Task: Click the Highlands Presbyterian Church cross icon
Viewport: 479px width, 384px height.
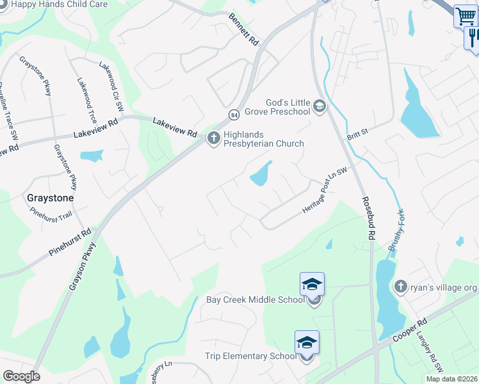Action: click(x=214, y=137)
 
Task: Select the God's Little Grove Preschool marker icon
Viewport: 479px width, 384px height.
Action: click(x=320, y=106)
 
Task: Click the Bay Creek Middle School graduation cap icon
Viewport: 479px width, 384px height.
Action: click(x=312, y=283)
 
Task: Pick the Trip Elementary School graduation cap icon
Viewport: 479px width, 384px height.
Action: click(x=307, y=342)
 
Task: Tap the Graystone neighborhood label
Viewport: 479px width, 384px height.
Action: click(x=50, y=198)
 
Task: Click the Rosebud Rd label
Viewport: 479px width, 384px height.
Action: click(x=368, y=218)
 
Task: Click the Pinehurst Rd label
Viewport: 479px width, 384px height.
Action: click(x=71, y=244)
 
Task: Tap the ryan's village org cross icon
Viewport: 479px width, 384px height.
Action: click(x=401, y=286)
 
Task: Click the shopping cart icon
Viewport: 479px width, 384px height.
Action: click(x=465, y=16)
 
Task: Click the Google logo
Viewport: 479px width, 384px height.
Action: click(x=21, y=376)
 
